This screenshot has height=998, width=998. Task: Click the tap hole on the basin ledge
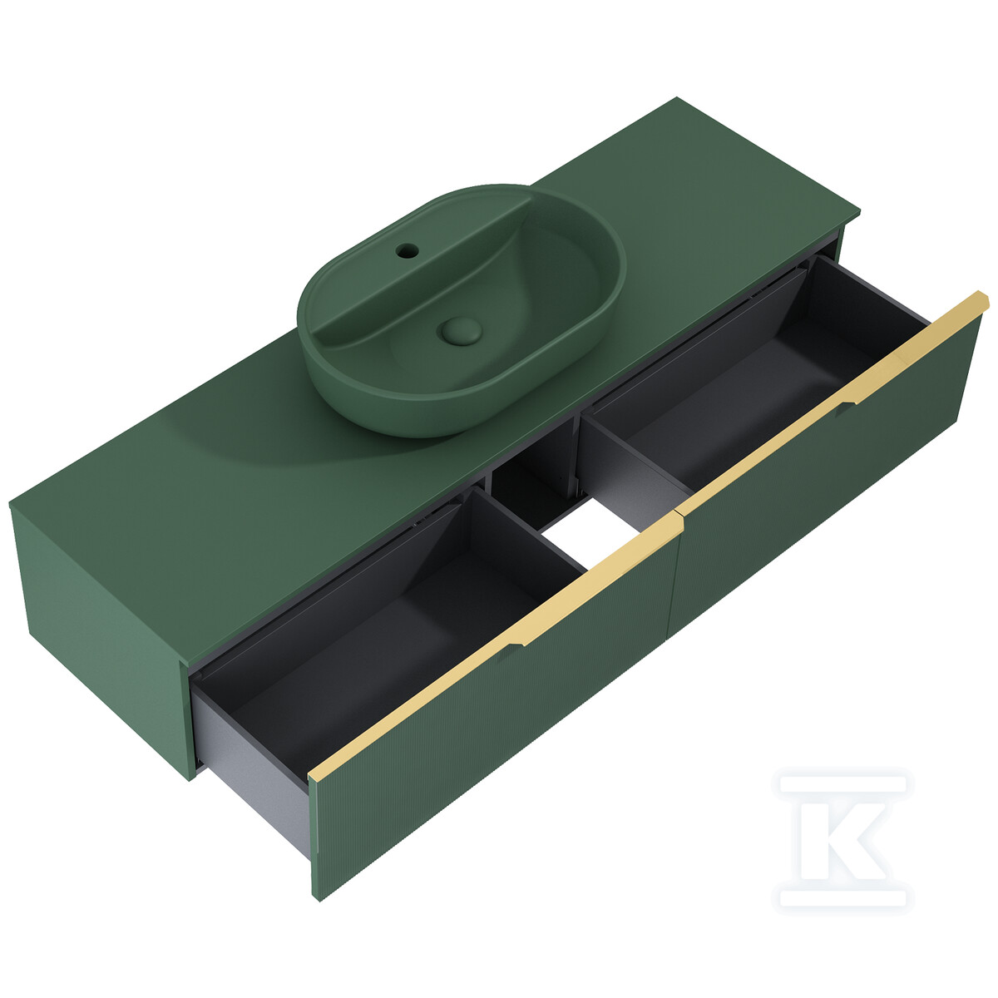(x=407, y=251)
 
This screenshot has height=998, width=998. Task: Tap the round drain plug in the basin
(x=461, y=330)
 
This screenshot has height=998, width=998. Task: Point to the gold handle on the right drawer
(x=834, y=403)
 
